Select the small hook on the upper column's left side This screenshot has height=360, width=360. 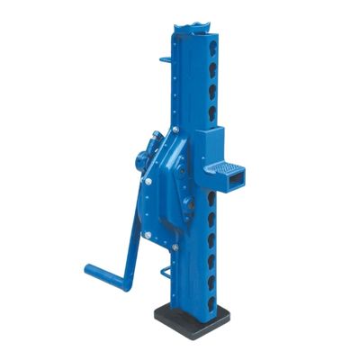coord(165,61)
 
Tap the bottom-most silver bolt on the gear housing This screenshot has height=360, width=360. coord(175,246)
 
